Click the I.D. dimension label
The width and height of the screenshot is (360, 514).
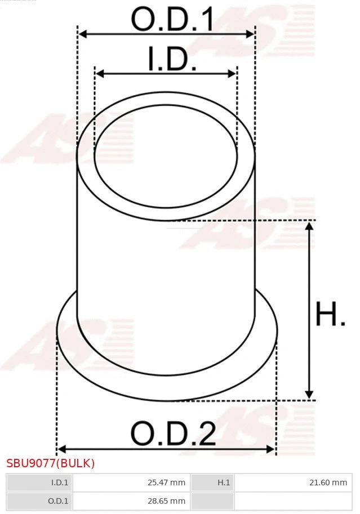click(172, 59)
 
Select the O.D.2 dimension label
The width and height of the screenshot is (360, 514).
click(173, 434)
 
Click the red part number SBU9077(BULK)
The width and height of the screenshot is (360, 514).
click(51, 463)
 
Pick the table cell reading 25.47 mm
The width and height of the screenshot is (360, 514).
click(132, 482)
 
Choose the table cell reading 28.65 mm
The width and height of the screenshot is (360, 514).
click(132, 500)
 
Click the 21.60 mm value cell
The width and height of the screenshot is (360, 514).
click(293, 482)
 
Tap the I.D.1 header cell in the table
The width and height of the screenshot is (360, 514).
click(39, 482)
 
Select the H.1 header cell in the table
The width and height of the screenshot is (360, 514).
click(212, 482)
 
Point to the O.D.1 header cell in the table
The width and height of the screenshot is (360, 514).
click(39, 500)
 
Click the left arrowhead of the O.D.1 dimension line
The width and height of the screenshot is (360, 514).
click(82, 34)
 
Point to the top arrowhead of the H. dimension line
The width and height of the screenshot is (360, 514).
click(309, 226)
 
